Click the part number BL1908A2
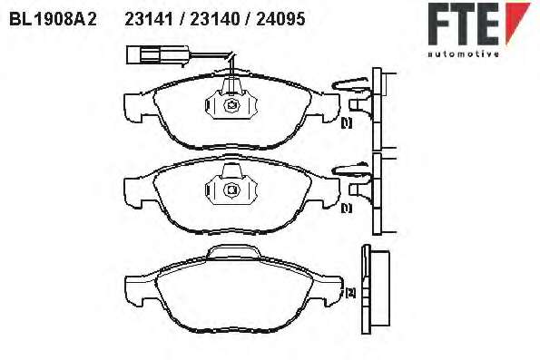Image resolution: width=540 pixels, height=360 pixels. click(53, 19)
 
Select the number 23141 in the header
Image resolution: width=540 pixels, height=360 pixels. click(149, 19)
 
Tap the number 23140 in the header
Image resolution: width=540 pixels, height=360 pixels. click(215, 19)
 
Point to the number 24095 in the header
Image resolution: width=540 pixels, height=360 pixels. click(280, 19)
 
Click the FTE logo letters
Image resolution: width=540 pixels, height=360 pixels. click(464, 24)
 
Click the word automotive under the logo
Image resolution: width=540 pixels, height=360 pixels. click(463, 54)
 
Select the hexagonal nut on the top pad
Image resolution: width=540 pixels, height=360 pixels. click(231, 104)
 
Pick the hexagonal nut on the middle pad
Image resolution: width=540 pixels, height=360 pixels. click(231, 190)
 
